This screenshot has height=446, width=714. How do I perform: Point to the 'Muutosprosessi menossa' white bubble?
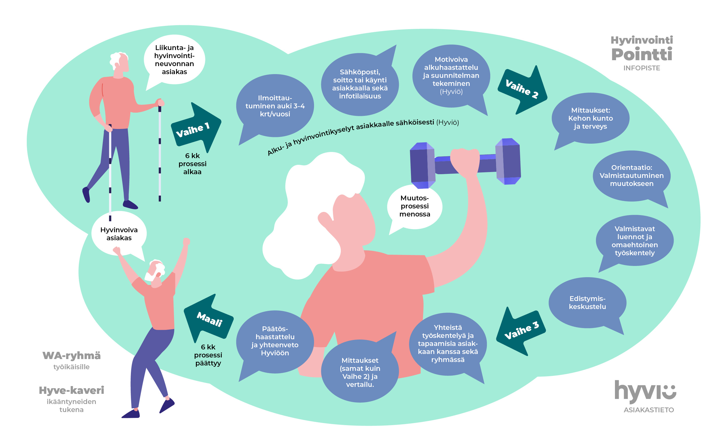414,206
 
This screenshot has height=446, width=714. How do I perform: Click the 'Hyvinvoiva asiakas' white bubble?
119,234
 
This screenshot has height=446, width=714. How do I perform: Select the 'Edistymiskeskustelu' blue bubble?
587,303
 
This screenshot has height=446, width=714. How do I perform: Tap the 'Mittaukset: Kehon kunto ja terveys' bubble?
590,118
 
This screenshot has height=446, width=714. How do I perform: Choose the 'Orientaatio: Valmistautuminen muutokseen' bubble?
631,176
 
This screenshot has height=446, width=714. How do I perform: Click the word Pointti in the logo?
642,54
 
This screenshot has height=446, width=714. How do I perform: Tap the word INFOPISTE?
641,68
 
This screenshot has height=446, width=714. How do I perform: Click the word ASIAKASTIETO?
648,410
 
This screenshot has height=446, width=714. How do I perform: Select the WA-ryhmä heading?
71,356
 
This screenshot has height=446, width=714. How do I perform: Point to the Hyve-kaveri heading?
71,390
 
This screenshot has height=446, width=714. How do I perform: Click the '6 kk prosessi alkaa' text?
192,164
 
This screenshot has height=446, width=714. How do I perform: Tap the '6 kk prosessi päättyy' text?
208,355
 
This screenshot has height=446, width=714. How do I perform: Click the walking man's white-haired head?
120,62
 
